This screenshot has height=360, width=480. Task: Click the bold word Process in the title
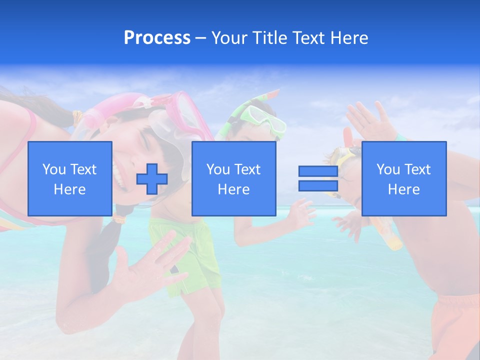pos(157,38)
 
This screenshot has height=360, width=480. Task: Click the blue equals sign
pos(318,178)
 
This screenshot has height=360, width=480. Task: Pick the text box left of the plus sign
pos(70,178)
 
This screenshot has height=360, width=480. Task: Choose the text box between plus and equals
pos(234,178)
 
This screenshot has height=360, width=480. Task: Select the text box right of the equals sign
pos(404,178)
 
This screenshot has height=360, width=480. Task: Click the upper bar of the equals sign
pos(318,171)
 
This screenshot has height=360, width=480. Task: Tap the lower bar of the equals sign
pos(318,185)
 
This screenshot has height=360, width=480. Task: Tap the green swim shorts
pos(192,255)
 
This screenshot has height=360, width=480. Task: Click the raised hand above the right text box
pos(367,120)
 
